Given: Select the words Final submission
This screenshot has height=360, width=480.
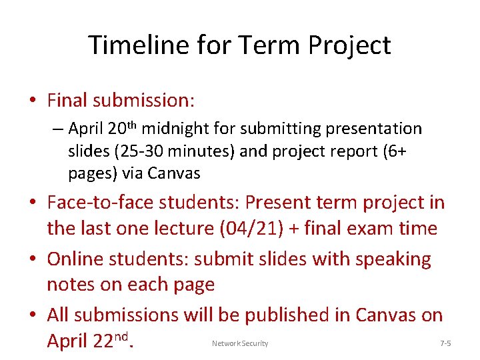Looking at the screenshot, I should [121, 101].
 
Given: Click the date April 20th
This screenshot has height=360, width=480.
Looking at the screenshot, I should [103, 128].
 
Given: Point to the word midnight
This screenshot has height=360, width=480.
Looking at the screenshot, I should [173, 128].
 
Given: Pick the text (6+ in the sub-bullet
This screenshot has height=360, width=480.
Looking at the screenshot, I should [394, 151].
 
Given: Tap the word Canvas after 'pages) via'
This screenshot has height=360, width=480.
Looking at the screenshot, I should [174, 173].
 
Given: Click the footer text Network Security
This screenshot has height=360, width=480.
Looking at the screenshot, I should [240, 343].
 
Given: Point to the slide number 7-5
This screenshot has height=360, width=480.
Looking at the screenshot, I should [446, 343].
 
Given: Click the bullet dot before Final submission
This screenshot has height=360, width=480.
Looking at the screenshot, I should [33, 101].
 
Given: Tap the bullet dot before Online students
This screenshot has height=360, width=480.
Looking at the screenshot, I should [33, 259].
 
